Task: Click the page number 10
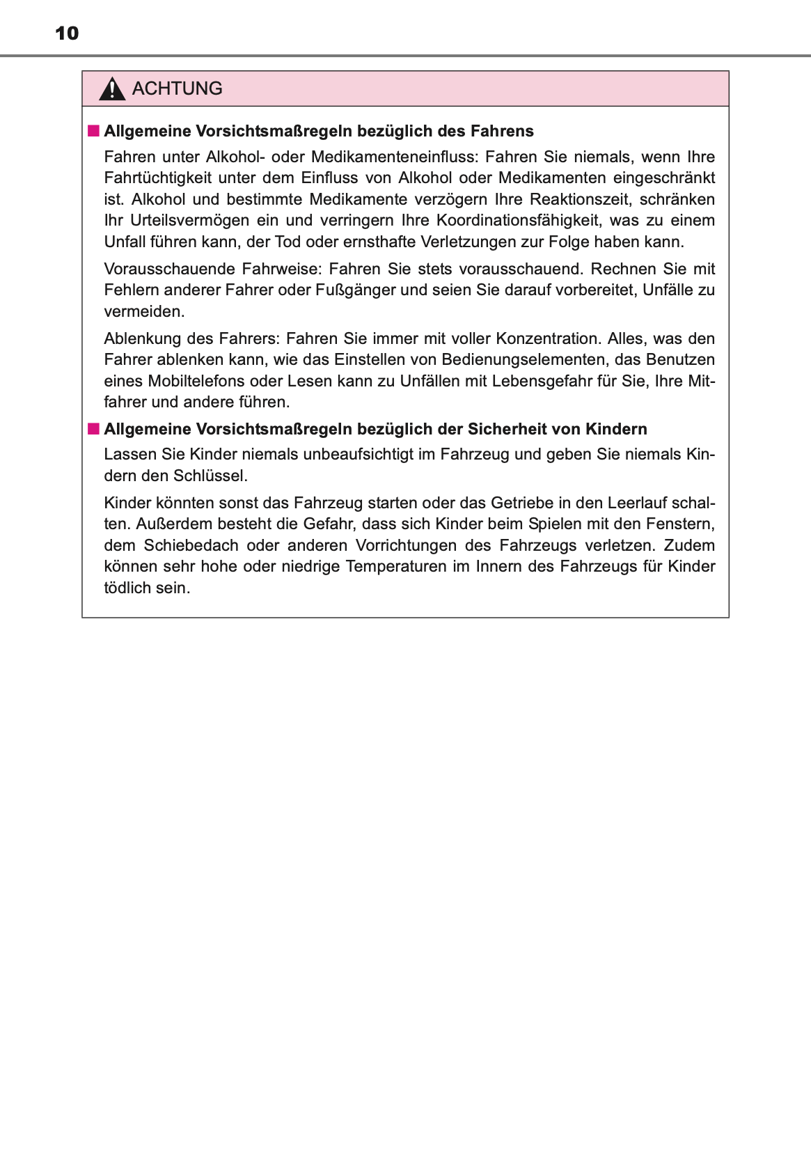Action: [67, 33]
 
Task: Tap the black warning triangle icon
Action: [112, 90]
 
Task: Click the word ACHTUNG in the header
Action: [178, 88]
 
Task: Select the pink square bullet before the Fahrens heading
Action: [93, 131]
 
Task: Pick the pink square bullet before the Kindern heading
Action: [93, 429]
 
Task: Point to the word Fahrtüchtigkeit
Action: [157, 178]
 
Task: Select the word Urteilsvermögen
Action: [189, 221]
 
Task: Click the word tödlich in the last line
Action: [127, 588]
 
